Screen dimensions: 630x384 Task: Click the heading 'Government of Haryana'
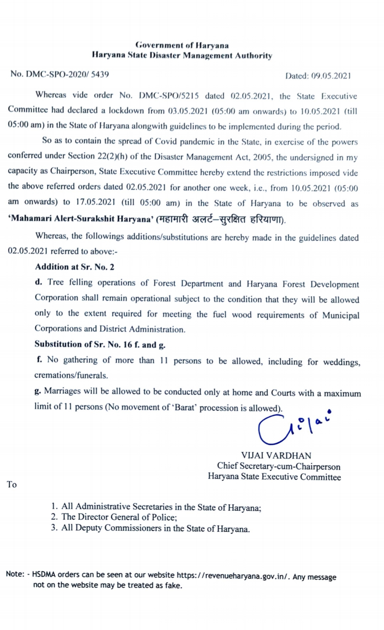pos(182,45)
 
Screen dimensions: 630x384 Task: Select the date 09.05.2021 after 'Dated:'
pos(331,76)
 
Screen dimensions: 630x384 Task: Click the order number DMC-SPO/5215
pos(169,96)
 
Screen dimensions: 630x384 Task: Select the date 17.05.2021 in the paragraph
pos(95,202)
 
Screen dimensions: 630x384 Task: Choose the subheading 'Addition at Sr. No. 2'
pos(75,267)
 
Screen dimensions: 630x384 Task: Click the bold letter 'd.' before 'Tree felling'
pos(38,282)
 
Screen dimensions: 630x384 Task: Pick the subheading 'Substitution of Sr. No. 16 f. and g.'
pos(100,344)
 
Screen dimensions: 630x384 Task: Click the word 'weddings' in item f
pos(341,362)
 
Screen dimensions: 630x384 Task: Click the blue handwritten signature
pos(292,428)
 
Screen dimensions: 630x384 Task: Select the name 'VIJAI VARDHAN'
pos(276,456)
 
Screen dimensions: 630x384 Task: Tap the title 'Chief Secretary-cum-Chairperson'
pos(279,466)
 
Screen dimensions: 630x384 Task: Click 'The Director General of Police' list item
pos(119,517)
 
